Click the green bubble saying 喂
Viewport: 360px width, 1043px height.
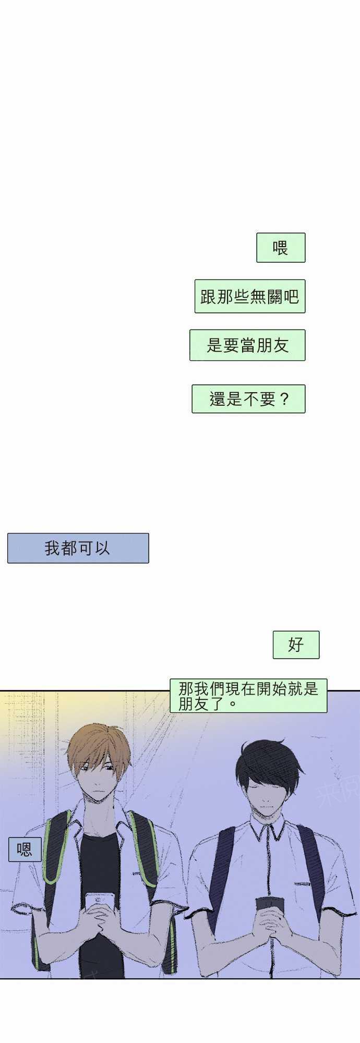pyautogui.click(x=281, y=248)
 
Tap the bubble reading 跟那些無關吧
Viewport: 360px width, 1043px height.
pyautogui.click(x=250, y=296)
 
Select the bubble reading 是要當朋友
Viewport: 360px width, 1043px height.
pyautogui.click(x=247, y=345)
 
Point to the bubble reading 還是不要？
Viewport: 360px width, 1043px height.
pyautogui.click(x=248, y=399)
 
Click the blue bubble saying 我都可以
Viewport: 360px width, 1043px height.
pyautogui.click(x=78, y=548)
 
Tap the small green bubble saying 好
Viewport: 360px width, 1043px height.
pyautogui.click(x=296, y=645)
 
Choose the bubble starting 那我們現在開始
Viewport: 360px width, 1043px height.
pyautogui.click(x=248, y=696)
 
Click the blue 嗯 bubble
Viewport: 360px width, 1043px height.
pyautogui.click(x=25, y=850)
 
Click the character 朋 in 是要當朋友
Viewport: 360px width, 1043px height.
pyautogui.click(x=264, y=345)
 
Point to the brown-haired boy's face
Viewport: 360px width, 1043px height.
pyautogui.click(x=98, y=777)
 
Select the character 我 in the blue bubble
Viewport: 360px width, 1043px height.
pyautogui.click(x=52, y=548)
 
